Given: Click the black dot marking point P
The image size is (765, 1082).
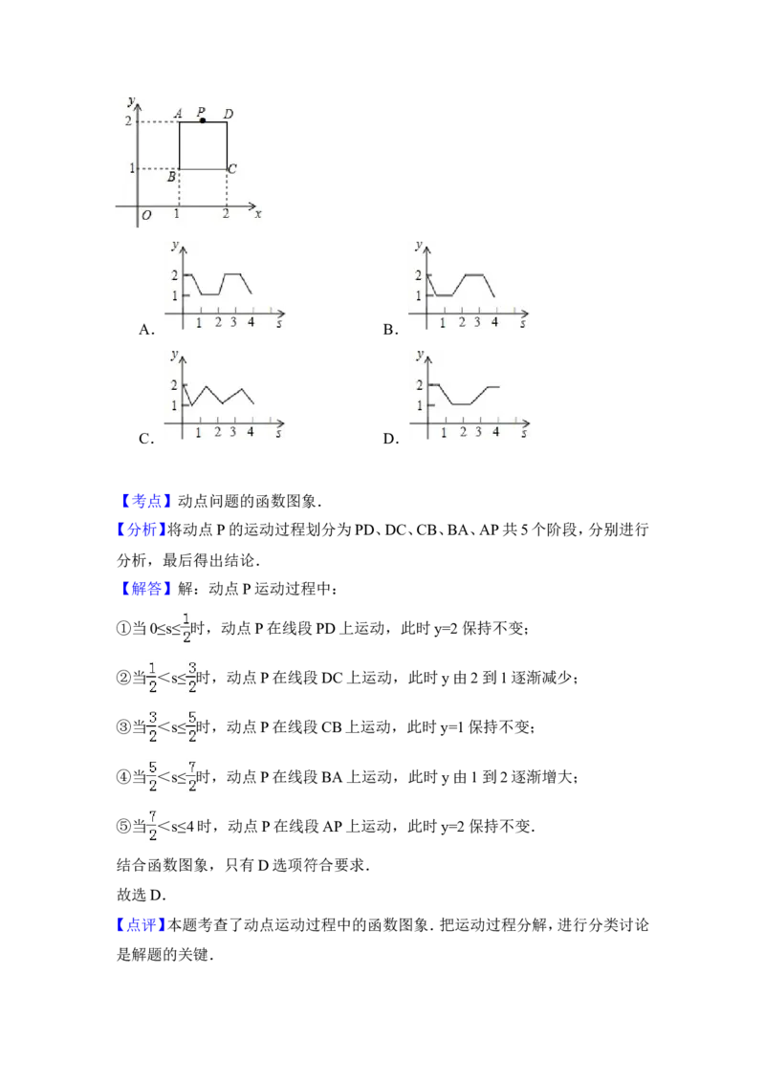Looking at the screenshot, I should point(203,120).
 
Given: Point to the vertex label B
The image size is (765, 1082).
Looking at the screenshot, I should point(172,177).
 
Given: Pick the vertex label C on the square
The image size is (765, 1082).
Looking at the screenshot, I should point(232,169).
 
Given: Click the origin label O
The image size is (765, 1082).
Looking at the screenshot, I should point(146,216).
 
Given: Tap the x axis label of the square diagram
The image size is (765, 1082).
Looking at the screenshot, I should point(258,214).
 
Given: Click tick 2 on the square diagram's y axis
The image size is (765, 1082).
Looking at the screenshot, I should point(127,121).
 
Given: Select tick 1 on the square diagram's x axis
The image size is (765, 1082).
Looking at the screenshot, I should point(179,215).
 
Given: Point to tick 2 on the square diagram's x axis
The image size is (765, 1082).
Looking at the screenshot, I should point(226,215).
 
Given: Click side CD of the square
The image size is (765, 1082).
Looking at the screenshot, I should point(227,145).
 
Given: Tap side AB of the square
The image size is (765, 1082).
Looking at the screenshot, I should point(180,145).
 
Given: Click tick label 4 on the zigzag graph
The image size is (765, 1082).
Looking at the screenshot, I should point(251,432).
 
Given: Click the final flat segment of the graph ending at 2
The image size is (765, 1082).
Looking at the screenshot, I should point(492,386).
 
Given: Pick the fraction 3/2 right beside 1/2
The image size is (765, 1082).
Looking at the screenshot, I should point(192,676).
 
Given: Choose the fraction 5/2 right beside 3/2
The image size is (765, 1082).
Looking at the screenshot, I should point(192,726).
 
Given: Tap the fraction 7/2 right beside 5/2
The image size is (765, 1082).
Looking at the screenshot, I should point(192,776).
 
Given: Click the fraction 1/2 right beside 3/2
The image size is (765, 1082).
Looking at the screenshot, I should point(152,676).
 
